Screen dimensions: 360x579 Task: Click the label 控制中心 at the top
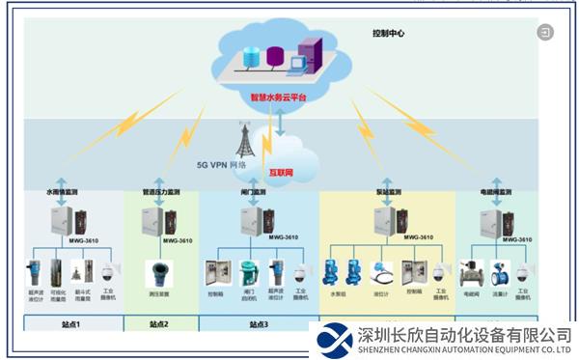coord(389,34)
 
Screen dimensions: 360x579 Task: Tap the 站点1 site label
coord(72,325)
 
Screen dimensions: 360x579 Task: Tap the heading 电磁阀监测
coord(494,193)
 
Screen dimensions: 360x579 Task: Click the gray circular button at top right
coord(546,33)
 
